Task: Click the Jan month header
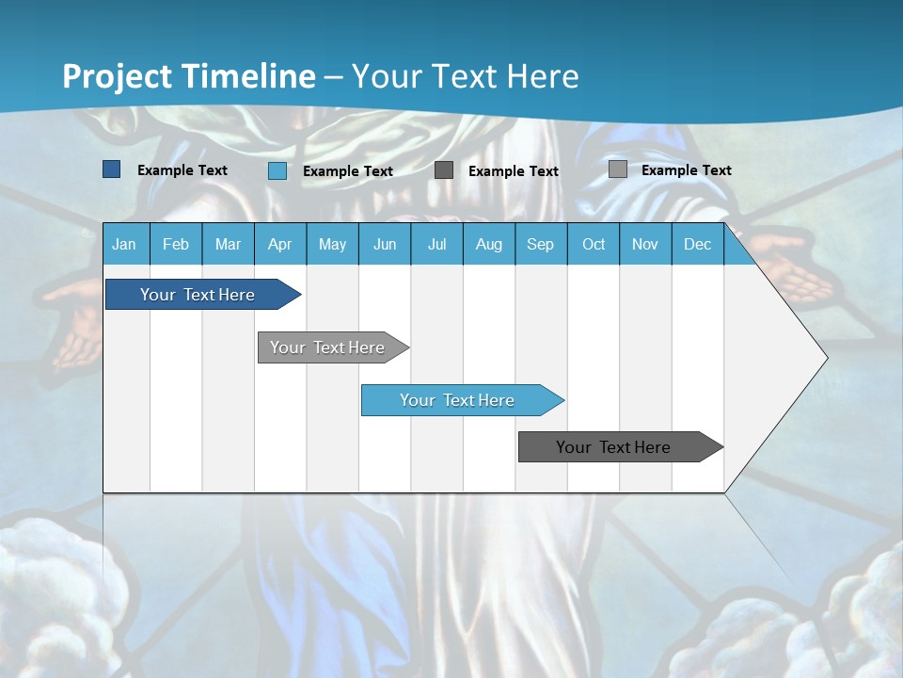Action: click(124, 245)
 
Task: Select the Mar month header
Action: click(228, 245)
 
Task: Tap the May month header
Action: click(332, 245)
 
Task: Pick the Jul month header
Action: click(436, 245)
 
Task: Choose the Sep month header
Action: click(540, 245)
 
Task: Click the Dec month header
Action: click(697, 245)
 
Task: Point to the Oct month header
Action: click(594, 245)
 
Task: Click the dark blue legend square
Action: click(112, 169)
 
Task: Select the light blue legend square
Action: click(277, 170)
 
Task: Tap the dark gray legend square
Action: click(444, 170)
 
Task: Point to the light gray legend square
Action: click(617, 169)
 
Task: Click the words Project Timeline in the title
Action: click(188, 76)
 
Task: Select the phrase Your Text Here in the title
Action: click(466, 76)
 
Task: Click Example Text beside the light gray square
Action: click(686, 170)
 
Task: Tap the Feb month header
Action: click(176, 245)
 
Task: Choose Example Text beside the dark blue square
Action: click(182, 170)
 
